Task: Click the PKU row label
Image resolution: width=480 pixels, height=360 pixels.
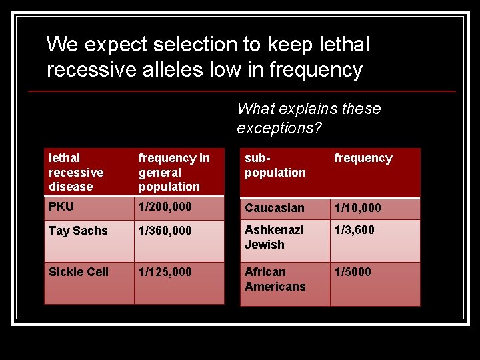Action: tap(61, 207)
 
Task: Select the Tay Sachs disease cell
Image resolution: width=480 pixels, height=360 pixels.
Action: tap(78, 231)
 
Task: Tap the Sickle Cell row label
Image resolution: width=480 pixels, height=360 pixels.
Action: tap(79, 272)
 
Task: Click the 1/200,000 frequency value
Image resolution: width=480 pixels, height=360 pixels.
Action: tap(165, 207)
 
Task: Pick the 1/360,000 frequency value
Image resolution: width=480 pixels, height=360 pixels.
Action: tap(165, 231)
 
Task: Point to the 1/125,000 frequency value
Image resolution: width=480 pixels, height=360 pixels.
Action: tap(165, 272)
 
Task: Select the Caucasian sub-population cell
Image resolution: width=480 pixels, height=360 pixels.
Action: tap(274, 208)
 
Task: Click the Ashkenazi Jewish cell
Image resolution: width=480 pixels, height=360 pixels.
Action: tap(274, 237)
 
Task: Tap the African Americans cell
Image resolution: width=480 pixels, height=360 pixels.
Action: tap(275, 279)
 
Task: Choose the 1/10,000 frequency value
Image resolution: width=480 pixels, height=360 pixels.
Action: tap(357, 208)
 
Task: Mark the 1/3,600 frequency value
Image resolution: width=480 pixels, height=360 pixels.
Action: tap(354, 230)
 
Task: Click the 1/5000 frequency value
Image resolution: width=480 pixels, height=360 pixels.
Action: tap(353, 272)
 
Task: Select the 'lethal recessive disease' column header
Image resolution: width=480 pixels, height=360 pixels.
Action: tap(76, 172)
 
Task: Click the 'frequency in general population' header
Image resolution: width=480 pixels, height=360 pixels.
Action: tap(173, 172)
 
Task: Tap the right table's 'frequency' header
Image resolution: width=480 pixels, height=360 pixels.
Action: tap(363, 158)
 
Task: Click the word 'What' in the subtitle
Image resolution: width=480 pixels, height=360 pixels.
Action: tap(256, 109)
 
